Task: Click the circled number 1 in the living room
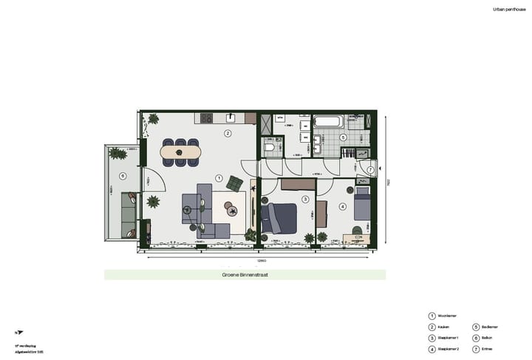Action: click(x=218, y=178)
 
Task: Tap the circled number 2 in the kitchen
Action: click(x=228, y=134)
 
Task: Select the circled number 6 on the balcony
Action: click(x=123, y=176)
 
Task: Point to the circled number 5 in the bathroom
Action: click(x=343, y=137)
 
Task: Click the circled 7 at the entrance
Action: click(x=370, y=170)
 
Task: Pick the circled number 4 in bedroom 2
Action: click(x=343, y=207)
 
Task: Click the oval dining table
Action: click(x=180, y=153)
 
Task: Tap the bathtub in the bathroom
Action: click(x=327, y=121)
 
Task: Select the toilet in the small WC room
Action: click(x=270, y=148)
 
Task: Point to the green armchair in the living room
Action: click(x=235, y=183)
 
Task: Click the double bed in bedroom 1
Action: click(x=281, y=217)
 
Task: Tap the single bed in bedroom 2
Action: click(x=362, y=204)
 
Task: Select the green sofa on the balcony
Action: click(x=128, y=215)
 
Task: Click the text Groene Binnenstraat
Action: click(x=245, y=274)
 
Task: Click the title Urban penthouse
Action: click(x=508, y=10)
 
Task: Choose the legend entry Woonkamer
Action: click(x=446, y=316)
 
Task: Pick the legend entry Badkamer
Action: click(x=489, y=327)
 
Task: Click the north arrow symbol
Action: click(x=16, y=333)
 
